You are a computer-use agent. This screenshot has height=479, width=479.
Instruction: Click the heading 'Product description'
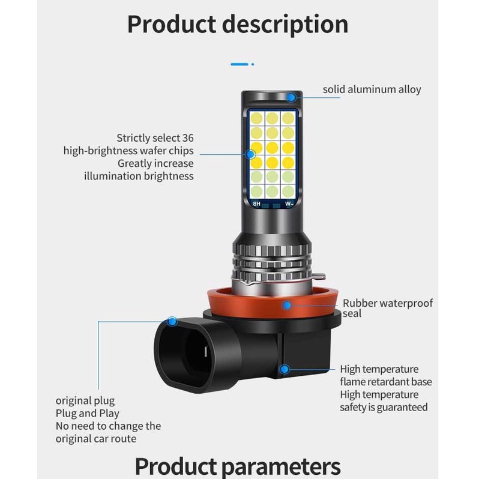click(x=238, y=25)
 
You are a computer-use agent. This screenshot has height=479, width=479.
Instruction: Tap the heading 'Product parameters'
click(x=238, y=465)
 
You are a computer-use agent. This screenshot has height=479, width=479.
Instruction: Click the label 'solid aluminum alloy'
click(x=372, y=89)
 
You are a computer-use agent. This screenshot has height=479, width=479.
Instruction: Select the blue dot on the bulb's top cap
click(x=291, y=97)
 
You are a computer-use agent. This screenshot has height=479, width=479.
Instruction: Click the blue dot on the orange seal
click(x=288, y=305)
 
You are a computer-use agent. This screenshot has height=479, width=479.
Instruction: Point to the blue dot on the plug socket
click(x=173, y=322)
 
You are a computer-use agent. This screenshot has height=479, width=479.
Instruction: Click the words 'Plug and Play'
click(x=88, y=413)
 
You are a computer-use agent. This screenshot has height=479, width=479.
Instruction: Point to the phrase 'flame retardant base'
click(x=386, y=382)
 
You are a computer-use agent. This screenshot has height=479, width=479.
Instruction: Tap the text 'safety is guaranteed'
click(x=384, y=407)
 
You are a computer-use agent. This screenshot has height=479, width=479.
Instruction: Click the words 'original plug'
click(x=85, y=400)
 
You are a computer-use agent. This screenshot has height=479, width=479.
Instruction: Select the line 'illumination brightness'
click(x=139, y=176)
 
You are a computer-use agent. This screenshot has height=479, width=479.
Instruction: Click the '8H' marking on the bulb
click(x=256, y=204)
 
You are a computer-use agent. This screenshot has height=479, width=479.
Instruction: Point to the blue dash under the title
click(x=239, y=63)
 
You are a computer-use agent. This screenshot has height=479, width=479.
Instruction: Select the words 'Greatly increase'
click(x=155, y=163)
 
